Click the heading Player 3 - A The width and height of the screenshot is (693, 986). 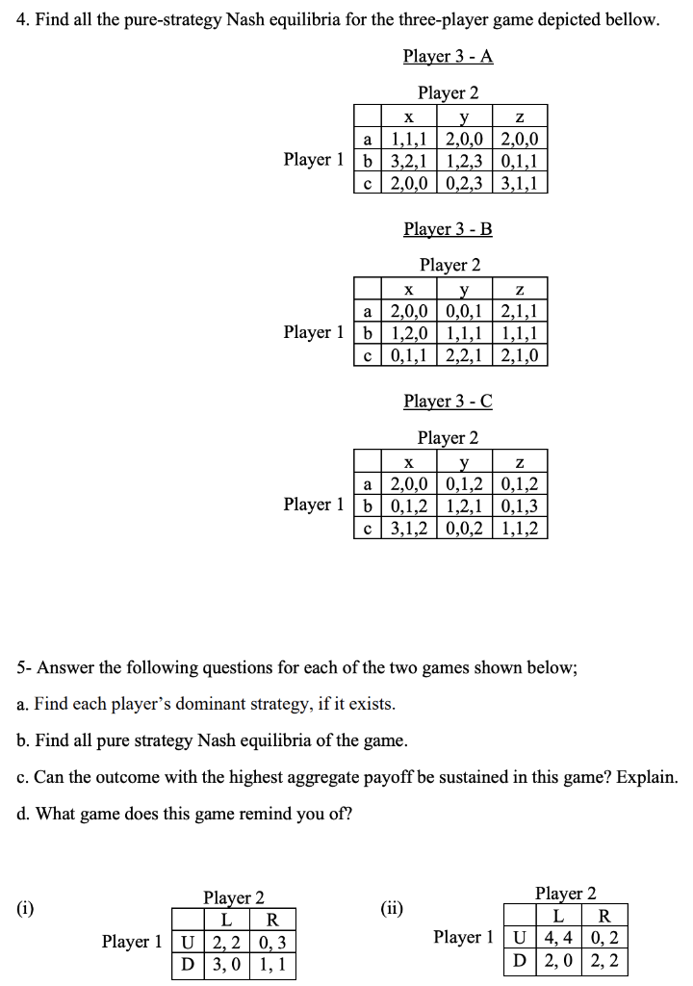click(x=448, y=56)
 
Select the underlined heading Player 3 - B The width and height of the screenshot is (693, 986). click(x=448, y=229)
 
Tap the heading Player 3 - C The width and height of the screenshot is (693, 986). click(x=448, y=401)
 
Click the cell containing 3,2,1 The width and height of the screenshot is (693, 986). click(x=408, y=159)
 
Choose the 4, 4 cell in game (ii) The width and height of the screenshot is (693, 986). click(x=553, y=936)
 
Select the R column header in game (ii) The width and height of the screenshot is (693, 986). click(x=603, y=915)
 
